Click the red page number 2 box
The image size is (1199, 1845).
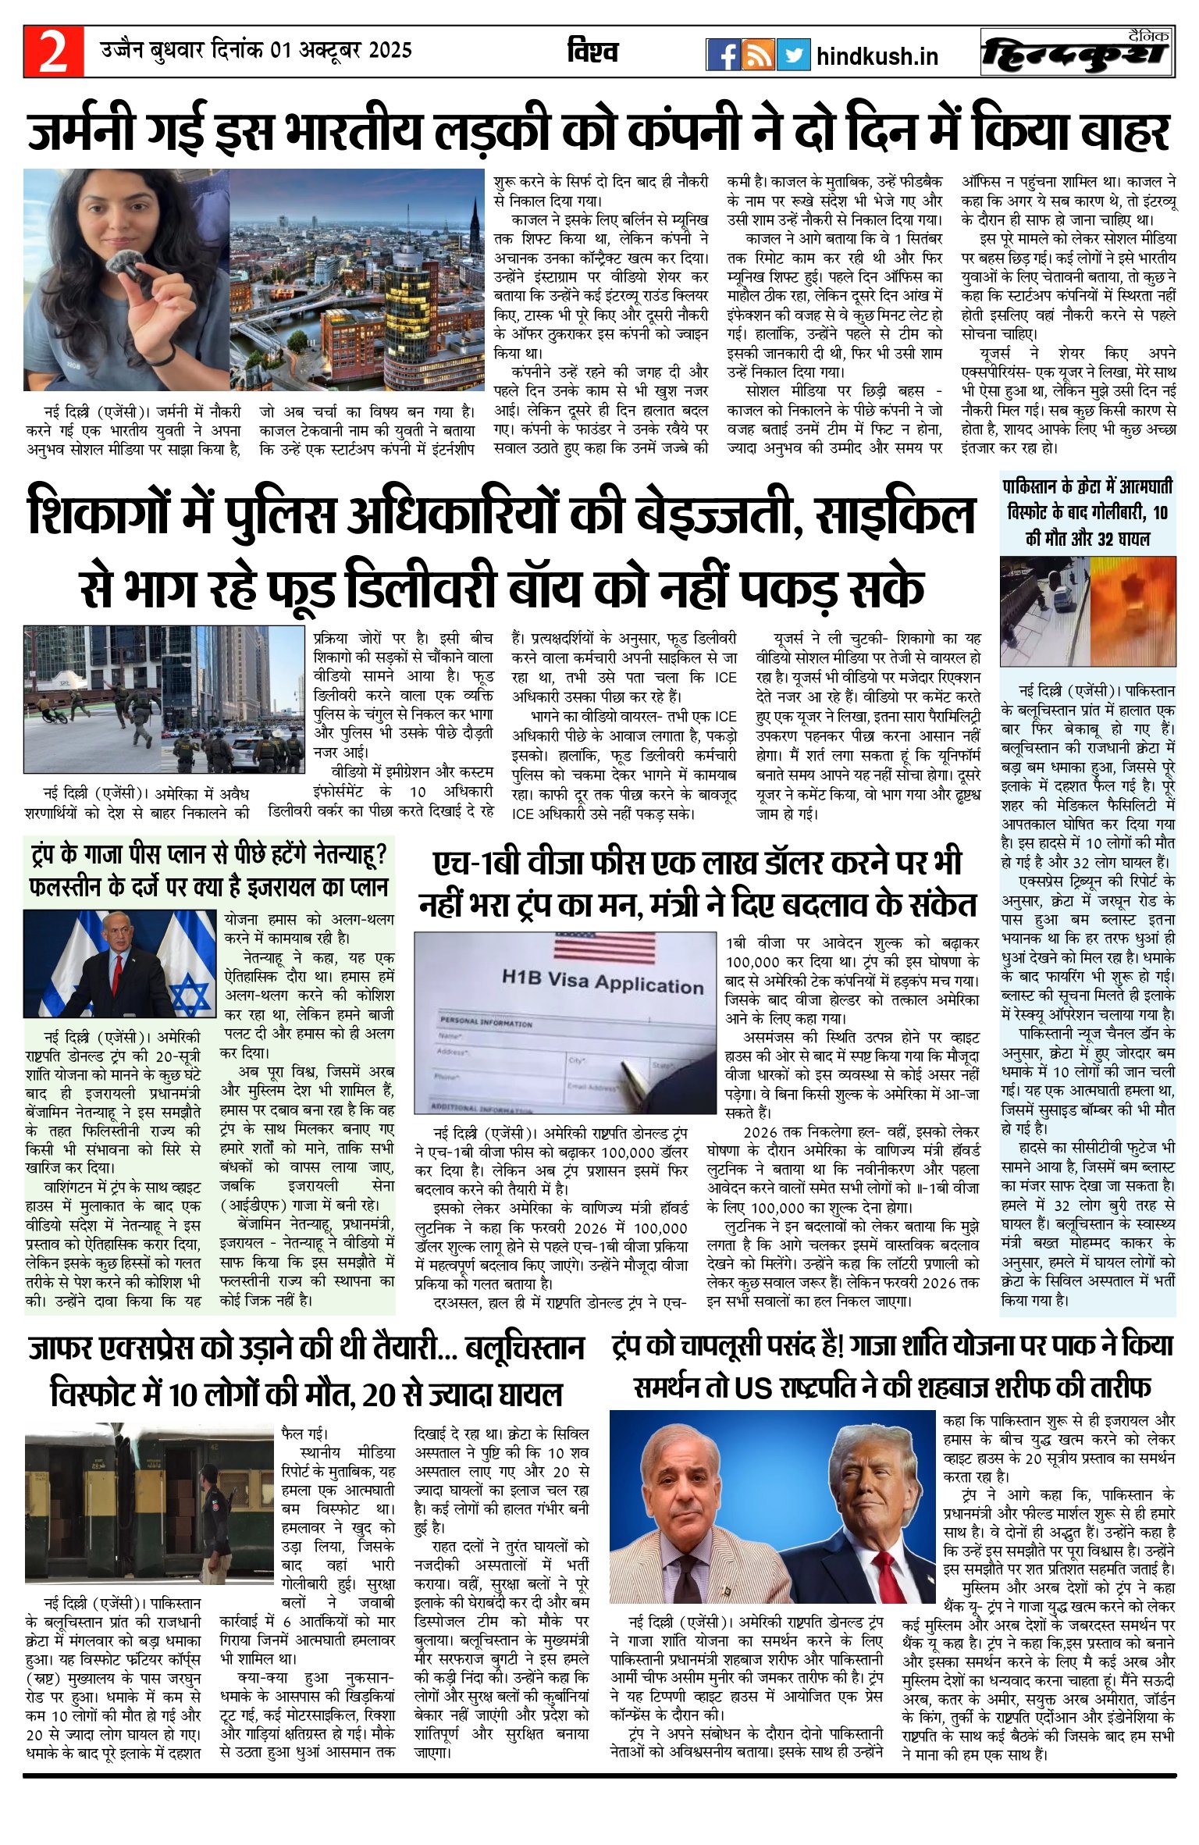coord(53,52)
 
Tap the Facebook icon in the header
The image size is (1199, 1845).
coord(723,55)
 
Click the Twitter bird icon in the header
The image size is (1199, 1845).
coord(793,55)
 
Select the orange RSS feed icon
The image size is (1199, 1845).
coord(758,55)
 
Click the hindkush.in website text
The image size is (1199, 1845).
coord(877,56)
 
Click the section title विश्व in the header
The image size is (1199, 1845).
coord(592,52)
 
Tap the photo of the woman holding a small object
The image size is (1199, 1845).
coord(125,280)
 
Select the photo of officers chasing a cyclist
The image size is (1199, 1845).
coord(163,699)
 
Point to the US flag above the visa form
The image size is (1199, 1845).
coord(604,948)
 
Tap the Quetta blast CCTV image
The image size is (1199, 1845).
coord(1087,611)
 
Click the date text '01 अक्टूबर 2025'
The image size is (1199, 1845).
coord(341,51)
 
